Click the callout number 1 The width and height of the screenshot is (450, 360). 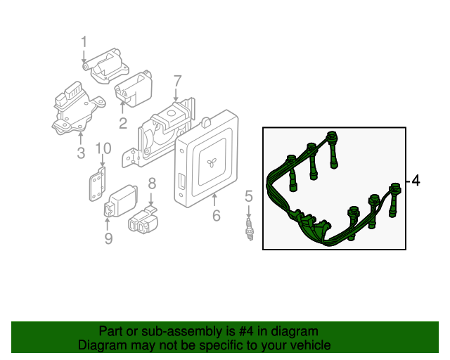pos(84,41)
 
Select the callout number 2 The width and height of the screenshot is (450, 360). pos(122,124)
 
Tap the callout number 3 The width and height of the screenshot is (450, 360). pos(80,153)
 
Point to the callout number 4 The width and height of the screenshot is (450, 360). pos(416,181)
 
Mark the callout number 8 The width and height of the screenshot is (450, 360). pos(151,184)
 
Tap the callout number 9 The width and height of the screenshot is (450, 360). pos(108,240)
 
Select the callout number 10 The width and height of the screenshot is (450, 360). pos(103,148)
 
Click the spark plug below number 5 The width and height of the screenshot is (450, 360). pos(248,229)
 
